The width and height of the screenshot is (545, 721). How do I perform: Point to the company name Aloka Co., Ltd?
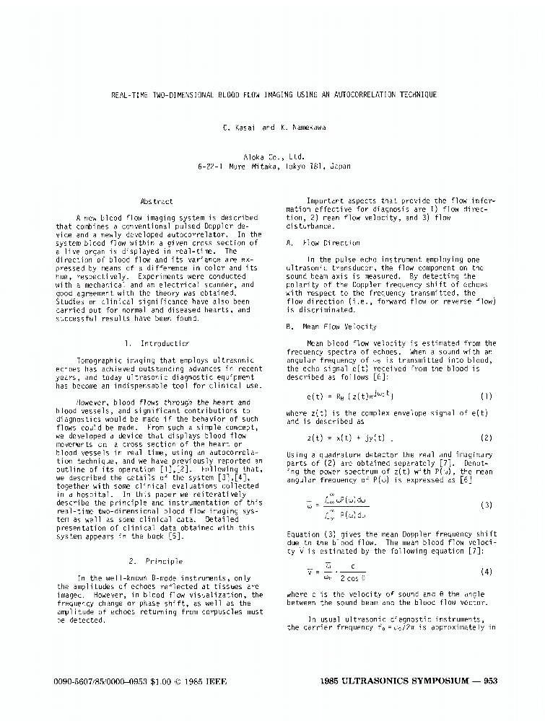point(273,156)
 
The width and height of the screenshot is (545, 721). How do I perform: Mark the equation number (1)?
point(486,397)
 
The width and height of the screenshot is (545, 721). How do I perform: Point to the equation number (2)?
point(486,438)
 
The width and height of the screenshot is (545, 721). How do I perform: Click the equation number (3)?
point(486,505)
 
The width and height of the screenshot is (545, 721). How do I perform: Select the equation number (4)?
point(486,572)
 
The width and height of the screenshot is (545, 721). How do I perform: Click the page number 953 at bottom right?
point(489,681)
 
